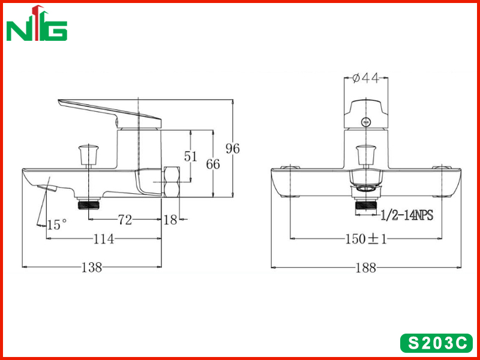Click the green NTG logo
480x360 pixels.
(37, 23)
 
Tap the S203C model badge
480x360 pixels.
(437, 343)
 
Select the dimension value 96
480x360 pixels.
(233, 149)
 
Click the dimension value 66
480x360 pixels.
(213, 164)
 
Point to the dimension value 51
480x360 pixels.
(190, 157)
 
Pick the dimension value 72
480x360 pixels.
(125, 220)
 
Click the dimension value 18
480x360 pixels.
(170, 220)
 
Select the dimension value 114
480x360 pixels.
(103, 239)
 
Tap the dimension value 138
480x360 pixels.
(92, 267)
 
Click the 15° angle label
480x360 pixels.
(56, 224)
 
